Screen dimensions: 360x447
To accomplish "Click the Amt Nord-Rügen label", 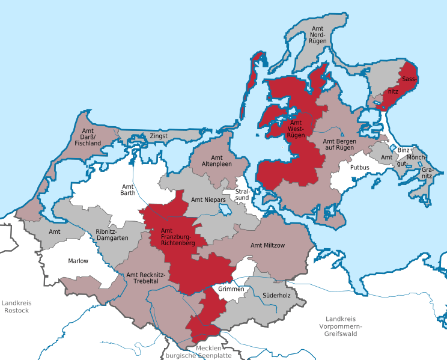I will pos(317,35).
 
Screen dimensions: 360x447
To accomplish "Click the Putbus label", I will pos(360,168).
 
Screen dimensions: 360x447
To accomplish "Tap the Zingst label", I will pos(159,136).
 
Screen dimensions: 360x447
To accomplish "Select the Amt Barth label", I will pos(128,189).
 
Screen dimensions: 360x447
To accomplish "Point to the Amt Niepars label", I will pos(208,200).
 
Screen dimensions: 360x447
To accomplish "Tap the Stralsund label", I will pos(242,194).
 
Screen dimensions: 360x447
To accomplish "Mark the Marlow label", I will pos(78,261).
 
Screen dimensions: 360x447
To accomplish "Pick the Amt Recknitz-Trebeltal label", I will pos(142,278).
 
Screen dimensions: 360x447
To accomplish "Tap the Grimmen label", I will pos(231,289).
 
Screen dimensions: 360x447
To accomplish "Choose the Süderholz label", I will pos(276,295).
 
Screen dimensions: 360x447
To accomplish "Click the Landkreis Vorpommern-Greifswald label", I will pos(348,325).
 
